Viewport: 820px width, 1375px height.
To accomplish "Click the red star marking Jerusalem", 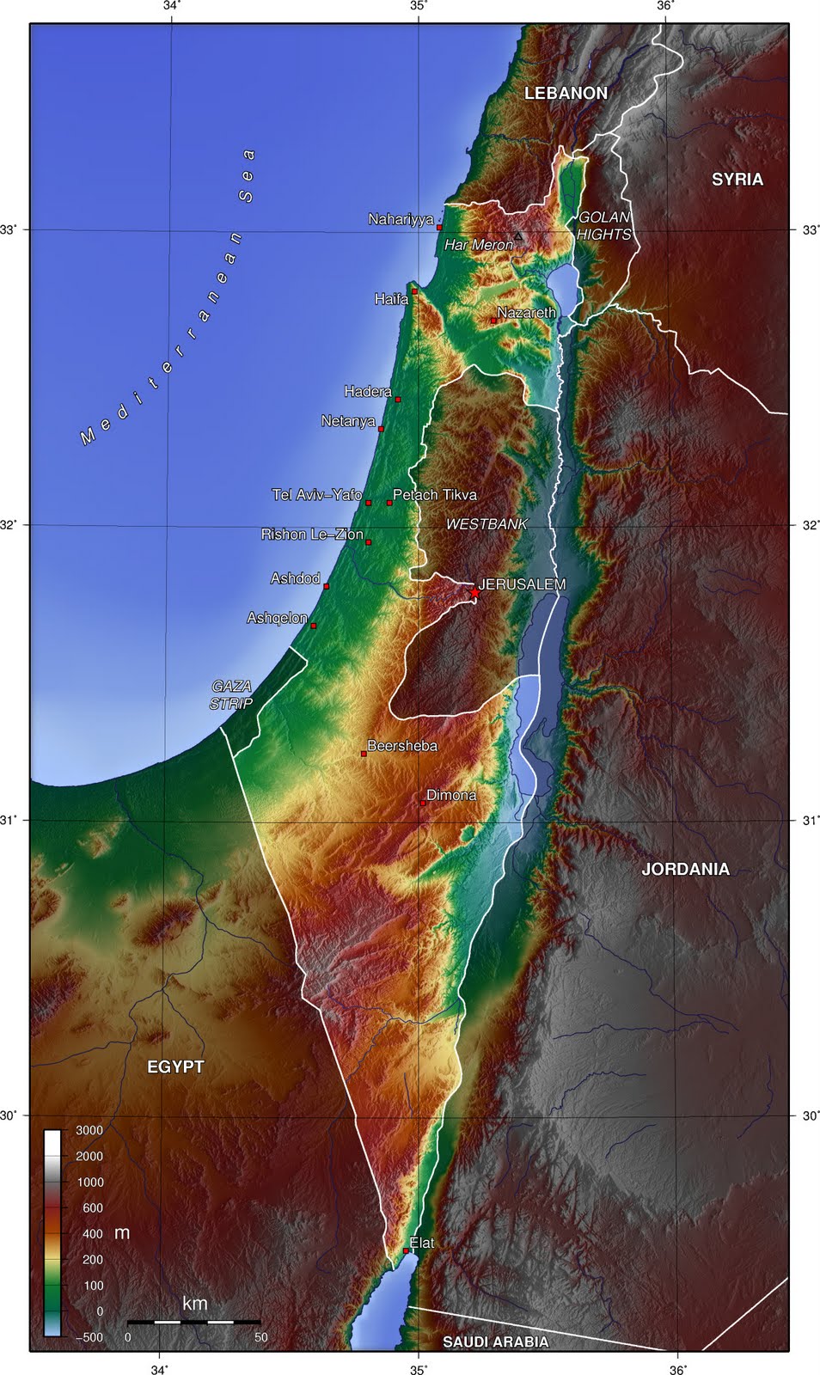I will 474,592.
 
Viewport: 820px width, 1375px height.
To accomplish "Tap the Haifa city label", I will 391,299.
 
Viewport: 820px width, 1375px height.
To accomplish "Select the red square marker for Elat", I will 406,1250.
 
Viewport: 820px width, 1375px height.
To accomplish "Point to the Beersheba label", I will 401,746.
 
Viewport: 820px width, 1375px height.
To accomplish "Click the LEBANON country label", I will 566,93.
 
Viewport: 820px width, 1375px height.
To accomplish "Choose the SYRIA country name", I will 737,179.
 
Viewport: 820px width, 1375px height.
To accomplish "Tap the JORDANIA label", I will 685,869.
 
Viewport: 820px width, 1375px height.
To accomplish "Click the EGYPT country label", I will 175,1066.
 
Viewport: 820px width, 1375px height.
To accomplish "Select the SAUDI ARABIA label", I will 495,1341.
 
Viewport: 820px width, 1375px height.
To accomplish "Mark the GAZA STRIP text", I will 231,694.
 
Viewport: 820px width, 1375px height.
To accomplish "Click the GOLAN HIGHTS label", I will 603,225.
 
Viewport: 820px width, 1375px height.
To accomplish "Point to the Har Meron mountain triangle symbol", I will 517,235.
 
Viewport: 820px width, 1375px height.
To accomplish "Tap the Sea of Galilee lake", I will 565,280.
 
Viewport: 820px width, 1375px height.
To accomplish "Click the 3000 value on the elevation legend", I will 89,1130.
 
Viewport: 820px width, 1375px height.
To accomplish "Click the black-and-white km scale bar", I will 193,1322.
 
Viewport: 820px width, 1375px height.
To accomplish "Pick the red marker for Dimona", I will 422,802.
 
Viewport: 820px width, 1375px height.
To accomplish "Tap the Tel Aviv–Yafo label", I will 316,495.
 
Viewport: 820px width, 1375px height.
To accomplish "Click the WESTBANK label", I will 486,523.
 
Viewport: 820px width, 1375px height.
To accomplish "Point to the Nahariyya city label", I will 401,219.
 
